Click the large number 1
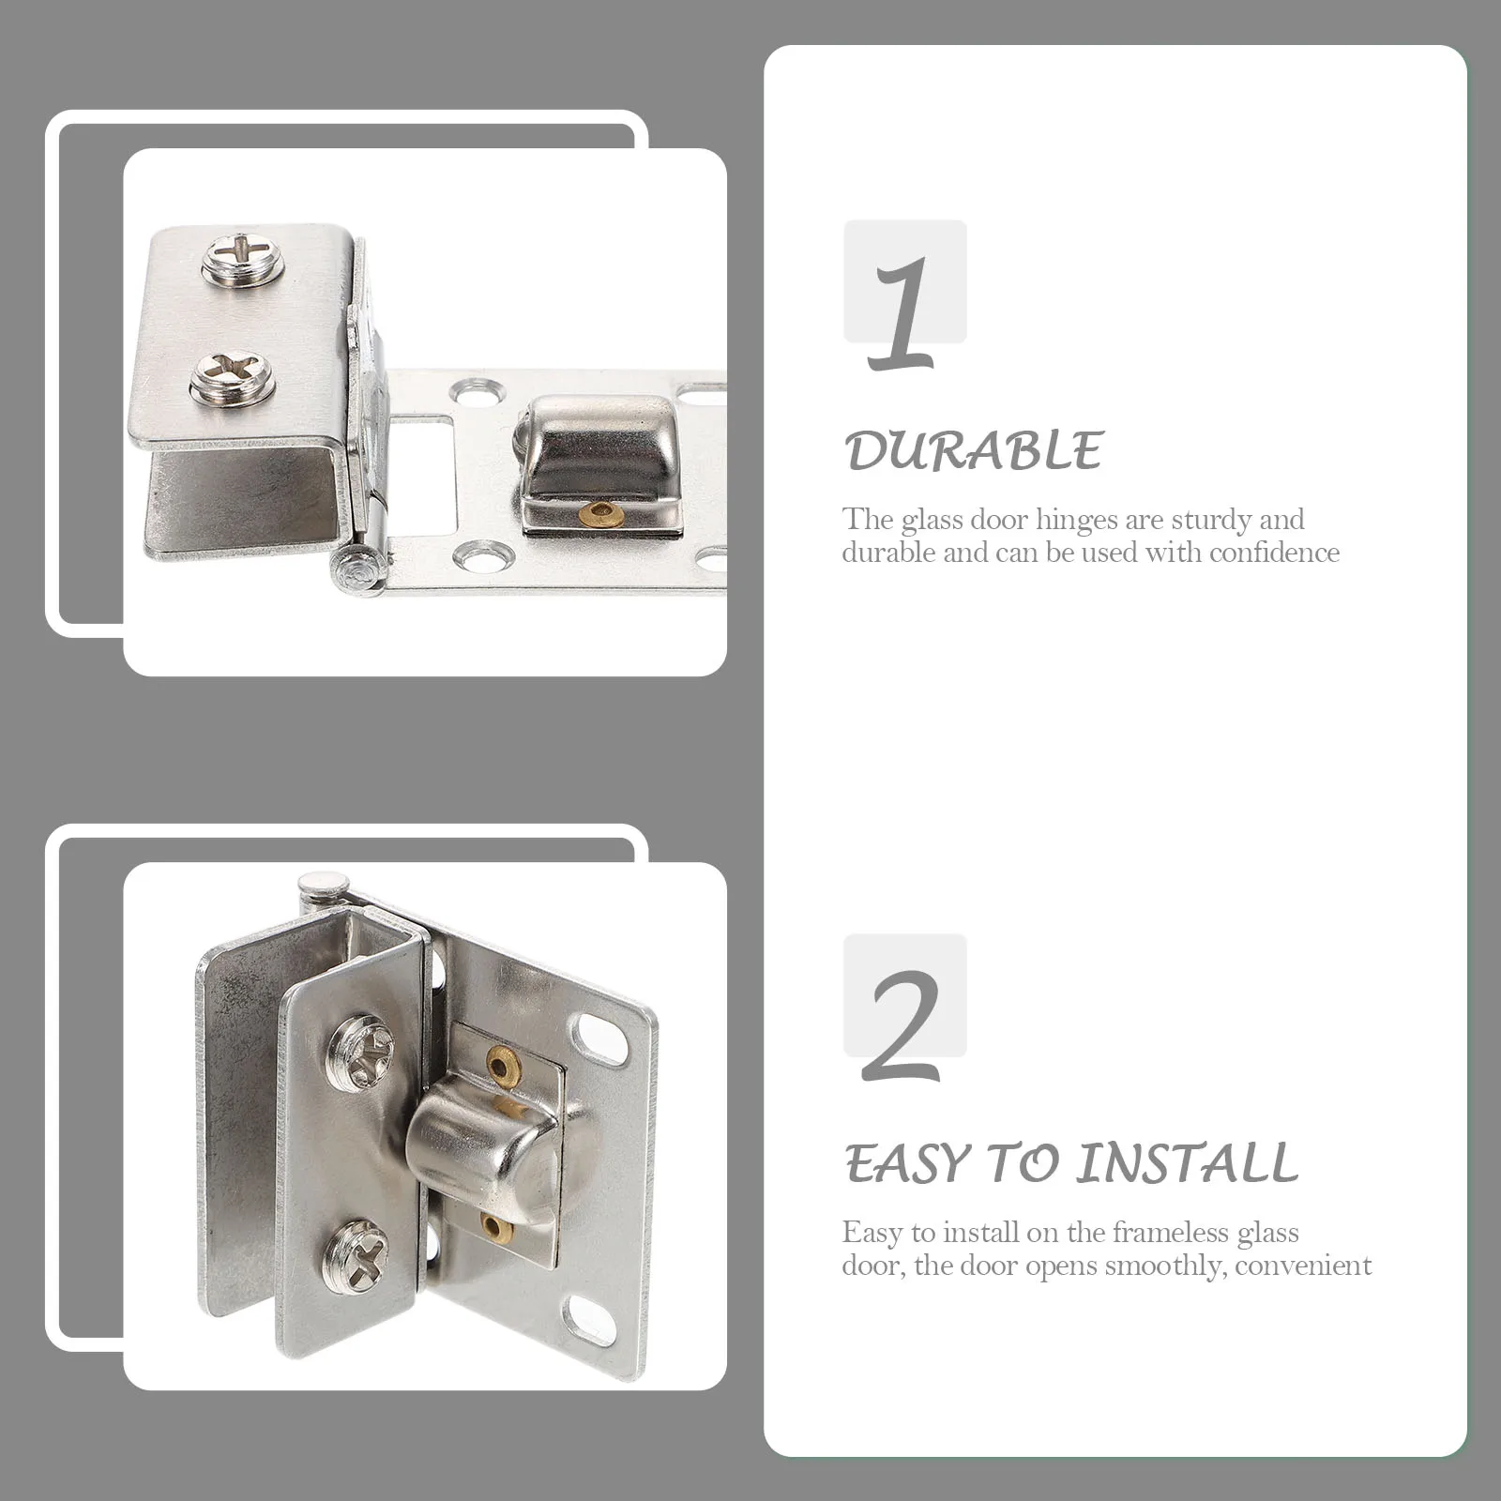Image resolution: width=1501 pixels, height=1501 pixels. (902, 314)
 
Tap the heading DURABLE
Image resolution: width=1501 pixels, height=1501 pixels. (974, 451)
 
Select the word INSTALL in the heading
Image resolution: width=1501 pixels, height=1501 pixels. (1186, 1164)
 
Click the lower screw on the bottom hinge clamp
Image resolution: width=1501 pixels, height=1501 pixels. (356, 1253)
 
